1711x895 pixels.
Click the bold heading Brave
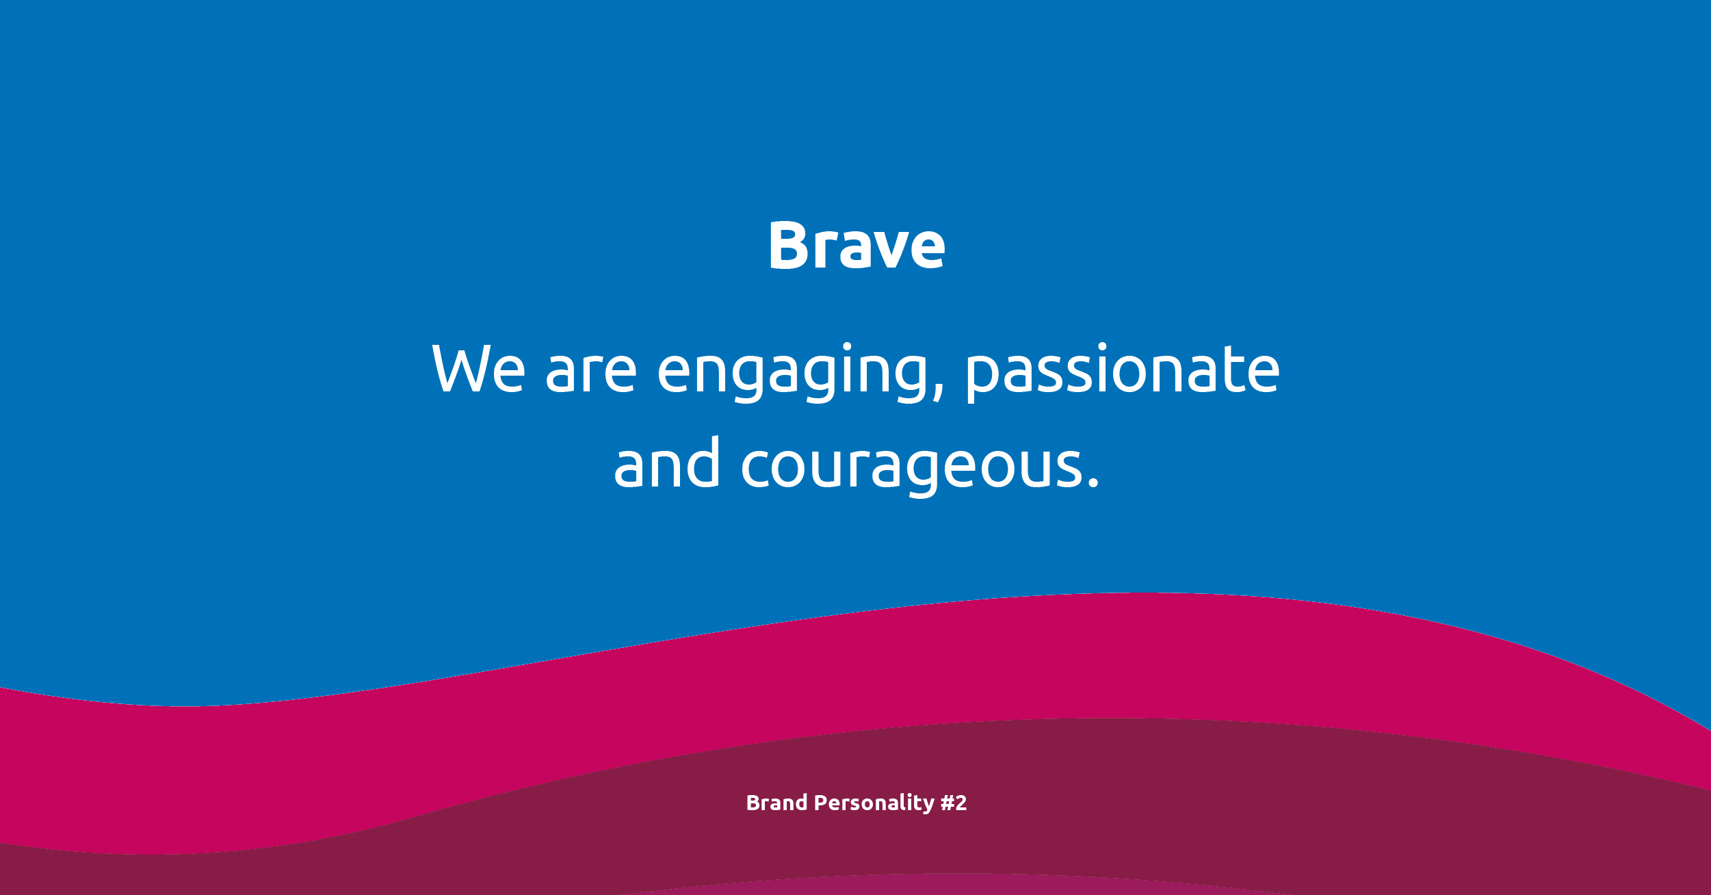point(857,245)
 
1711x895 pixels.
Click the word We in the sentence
point(479,369)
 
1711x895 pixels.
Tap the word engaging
point(800,372)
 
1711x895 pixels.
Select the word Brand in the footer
point(776,803)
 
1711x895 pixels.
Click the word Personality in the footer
point(874,804)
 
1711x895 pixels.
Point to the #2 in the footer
point(954,803)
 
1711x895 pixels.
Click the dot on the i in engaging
point(847,346)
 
